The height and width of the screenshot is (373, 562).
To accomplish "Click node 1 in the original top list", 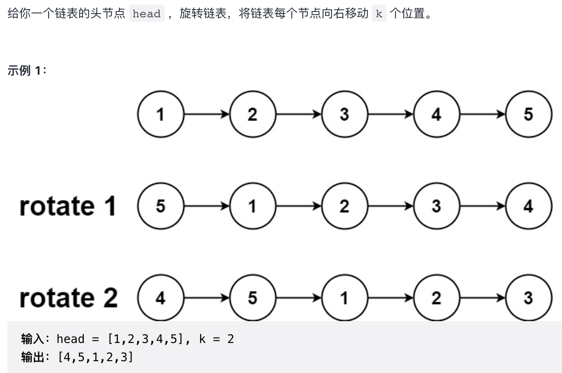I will (161, 114).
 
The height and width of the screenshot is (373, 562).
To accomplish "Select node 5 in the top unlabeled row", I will (528, 114).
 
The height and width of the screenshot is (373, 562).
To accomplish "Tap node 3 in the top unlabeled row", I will (344, 114).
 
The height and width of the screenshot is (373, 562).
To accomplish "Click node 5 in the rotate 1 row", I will (161, 206).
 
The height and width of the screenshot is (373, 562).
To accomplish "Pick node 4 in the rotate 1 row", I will (528, 206).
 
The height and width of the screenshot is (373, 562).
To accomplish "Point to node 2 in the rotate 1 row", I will (344, 206).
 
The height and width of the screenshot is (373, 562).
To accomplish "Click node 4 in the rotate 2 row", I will (161, 298).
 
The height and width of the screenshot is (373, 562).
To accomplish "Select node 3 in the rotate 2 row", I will (528, 298).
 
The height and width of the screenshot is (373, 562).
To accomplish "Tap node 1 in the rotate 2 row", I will (344, 298).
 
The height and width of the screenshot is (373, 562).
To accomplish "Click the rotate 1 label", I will (68, 206).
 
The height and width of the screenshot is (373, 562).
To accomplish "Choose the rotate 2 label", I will (68, 298).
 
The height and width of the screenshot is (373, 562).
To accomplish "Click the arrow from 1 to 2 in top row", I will (206, 114).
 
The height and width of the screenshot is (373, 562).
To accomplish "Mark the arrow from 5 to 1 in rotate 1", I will (206, 206).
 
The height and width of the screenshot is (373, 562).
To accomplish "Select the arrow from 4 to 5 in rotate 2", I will (206, 298).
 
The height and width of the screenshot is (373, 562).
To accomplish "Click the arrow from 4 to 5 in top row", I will (482, 114).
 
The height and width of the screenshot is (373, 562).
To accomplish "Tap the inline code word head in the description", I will (146, 14).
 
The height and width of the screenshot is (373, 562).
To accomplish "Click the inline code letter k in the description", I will (379, 14).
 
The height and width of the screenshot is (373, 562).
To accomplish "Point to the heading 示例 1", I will (27, 71).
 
